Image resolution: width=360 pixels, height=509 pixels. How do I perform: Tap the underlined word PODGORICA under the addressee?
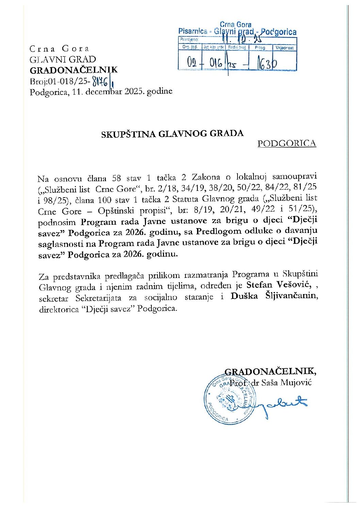click(287, 143)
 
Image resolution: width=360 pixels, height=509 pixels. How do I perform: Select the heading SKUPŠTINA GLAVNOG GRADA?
click(172, 133)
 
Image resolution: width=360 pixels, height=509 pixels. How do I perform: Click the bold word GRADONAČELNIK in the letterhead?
click(73, 70)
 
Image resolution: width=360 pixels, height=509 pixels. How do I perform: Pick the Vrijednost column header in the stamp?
click(284, 48)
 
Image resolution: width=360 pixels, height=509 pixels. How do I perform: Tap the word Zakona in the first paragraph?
click(205, 177)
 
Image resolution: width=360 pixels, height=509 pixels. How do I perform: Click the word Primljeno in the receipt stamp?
click(189, 39)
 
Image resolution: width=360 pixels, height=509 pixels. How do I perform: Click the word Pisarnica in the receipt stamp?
click(193, 31)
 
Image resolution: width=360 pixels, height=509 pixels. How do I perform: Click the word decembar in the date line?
click(99, 91)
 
